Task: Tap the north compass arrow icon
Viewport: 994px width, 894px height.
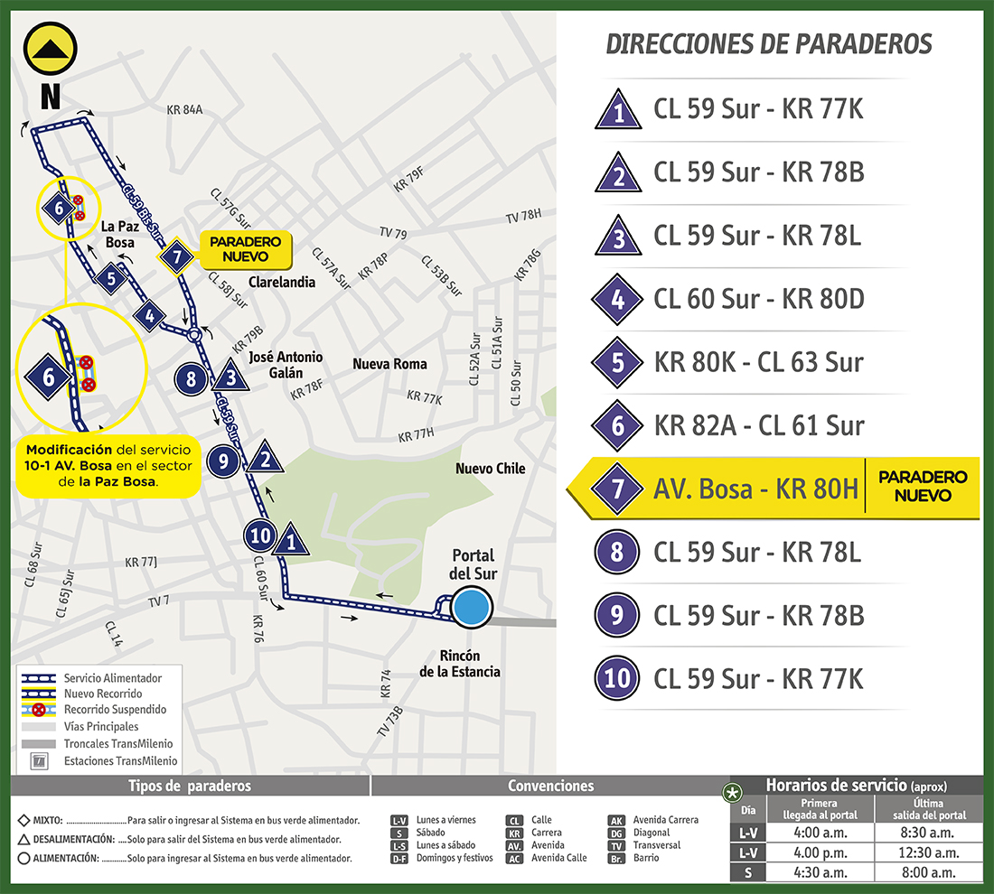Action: [x=50, y=51]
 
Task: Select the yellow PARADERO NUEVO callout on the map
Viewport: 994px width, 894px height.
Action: [x=245, y=250]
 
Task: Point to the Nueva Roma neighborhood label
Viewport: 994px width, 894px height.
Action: [x=389, y=364]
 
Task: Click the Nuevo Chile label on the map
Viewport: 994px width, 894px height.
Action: [x=490, y=469]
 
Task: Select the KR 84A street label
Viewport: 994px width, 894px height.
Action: [x=185, y=110]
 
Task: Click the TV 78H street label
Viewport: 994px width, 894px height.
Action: [x=523, y=216]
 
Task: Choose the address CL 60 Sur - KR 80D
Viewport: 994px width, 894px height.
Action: [x=759, y=299]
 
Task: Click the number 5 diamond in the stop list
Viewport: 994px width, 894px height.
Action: [x=618, y=363]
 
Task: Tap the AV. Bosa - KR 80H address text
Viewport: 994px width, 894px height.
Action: [x=755, y=489]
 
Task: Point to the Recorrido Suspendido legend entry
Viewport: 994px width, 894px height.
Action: [x=114, y=710]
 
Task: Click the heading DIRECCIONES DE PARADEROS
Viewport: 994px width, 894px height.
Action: [x=768, y=43]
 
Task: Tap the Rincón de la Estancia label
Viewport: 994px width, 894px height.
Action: [x=460, y=664]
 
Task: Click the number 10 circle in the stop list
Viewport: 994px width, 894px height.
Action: [x=618, y=677]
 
